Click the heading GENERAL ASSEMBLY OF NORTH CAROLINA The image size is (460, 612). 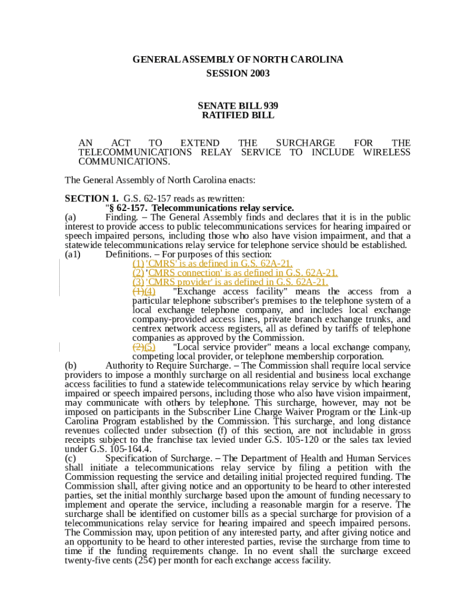238,60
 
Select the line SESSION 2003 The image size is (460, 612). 238,74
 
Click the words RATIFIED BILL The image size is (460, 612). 238,115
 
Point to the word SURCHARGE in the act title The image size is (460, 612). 305,143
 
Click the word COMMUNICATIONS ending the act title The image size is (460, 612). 124,161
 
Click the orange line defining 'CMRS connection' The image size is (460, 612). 235,273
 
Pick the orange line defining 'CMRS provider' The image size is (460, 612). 230,282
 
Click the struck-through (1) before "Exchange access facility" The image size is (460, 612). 137,291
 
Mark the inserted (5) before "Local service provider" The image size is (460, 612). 150,347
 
